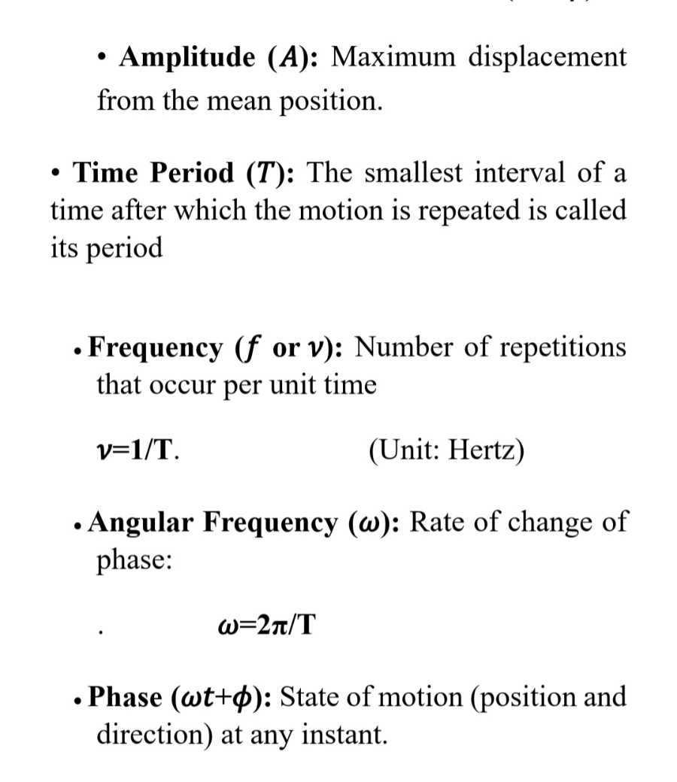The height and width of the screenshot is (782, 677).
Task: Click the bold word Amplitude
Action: tap(187, 58)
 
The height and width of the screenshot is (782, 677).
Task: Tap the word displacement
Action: tap(548, 58)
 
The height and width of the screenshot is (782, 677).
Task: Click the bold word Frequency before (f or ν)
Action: tap(155, 348)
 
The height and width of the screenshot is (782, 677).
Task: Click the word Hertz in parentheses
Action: tap(483, 452)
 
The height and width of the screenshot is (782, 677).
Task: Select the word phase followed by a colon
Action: tap(132, 562)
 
